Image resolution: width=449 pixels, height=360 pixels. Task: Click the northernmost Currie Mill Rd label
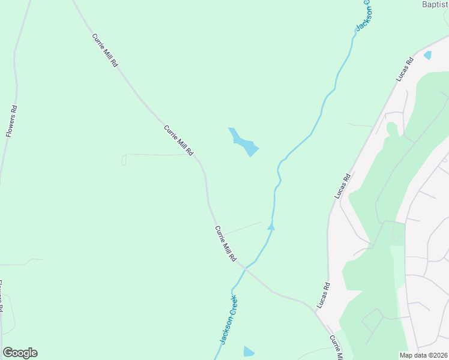tap(104, 50)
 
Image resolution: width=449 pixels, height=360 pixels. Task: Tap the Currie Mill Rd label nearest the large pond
tap(179, 140)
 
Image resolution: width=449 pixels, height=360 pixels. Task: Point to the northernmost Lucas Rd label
tap(405, 70)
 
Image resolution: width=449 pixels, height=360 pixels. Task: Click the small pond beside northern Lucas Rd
tap(427, 55)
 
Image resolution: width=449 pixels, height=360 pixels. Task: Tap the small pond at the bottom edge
tap(249, 352)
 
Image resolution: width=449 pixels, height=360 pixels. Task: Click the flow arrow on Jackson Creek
tap(271, 226)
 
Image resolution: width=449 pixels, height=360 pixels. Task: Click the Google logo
tap(20, 352)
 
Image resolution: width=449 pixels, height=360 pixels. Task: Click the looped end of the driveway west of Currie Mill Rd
tap(124, 160)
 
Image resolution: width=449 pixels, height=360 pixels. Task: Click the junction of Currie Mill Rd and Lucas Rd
tap(317, 311)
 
